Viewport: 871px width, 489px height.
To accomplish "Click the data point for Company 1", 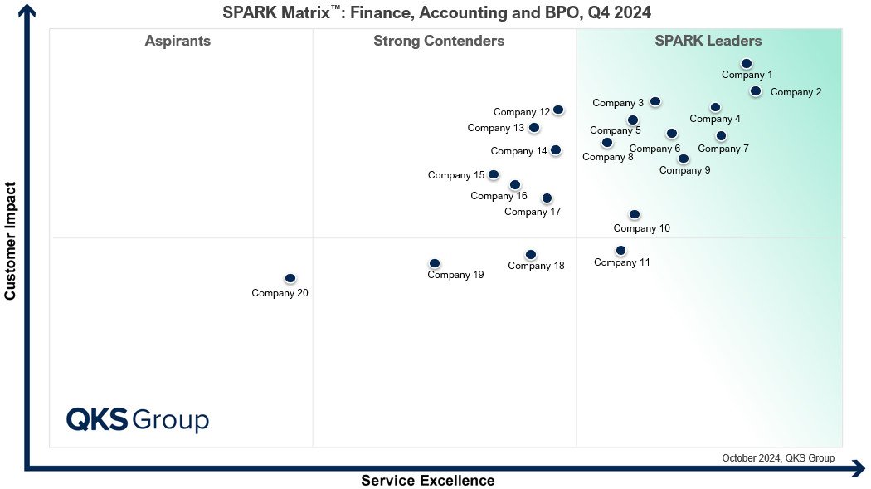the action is click(747, 64).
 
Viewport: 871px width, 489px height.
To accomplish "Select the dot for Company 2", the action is click(756, 90).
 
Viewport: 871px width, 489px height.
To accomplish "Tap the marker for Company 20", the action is click(290, 278).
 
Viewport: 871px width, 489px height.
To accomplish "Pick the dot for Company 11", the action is click(621, 251).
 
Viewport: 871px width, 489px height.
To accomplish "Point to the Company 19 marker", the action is click(435, 263).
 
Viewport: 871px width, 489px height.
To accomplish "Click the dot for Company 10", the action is click(635, 214).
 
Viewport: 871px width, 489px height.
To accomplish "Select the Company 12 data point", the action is click(558, 110).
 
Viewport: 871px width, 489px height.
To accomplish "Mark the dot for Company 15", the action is click(494, 174).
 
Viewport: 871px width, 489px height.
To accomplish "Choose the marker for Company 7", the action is click(721, 135).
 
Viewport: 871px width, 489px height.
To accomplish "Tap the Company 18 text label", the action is click(536, 267).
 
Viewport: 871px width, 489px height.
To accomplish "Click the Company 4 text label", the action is click(715, 119).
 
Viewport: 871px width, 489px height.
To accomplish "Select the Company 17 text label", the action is click(533, 212).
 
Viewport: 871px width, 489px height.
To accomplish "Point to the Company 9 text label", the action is click(685, 170).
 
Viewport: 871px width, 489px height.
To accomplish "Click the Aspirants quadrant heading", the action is click(178, 42).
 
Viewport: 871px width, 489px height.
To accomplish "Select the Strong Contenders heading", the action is click(439, 42).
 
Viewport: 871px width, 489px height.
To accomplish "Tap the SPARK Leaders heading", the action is click(708, 42).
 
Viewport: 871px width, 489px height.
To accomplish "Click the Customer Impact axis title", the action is click(10, 241).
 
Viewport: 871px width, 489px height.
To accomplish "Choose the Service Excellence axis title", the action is click(428, 481).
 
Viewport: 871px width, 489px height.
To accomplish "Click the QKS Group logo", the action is click(138, 419).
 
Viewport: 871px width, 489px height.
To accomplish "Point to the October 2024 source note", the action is click(778, 458).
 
